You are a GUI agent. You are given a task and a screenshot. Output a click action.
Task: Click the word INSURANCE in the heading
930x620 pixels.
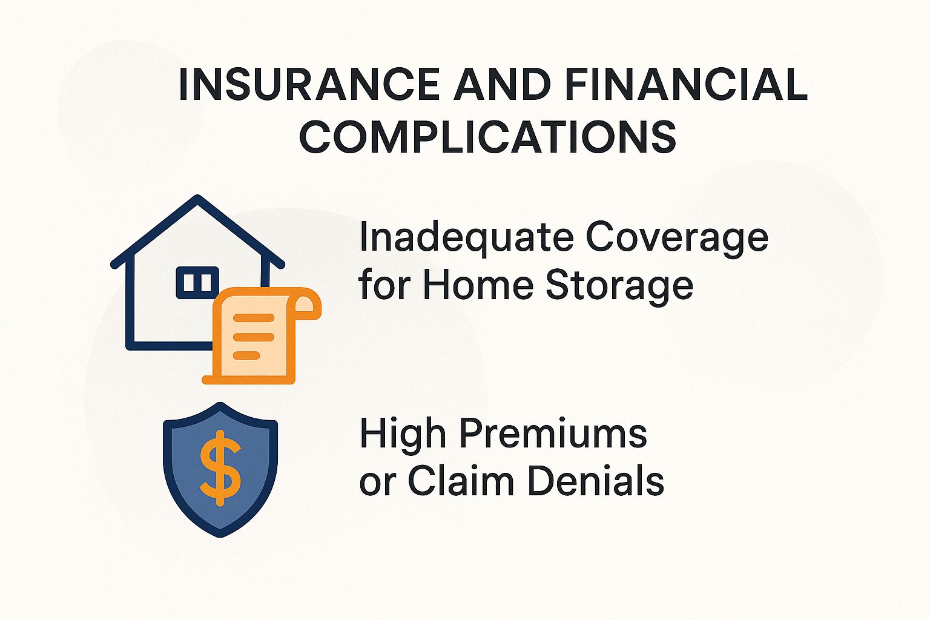point(309,85)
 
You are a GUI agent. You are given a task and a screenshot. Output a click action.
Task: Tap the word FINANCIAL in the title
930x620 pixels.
point(687,85)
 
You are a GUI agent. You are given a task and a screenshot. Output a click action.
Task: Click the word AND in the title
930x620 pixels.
point(502,85)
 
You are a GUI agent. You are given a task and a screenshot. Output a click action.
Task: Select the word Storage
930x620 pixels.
point(619,286)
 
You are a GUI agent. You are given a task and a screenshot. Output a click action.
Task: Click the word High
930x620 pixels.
point(403,434)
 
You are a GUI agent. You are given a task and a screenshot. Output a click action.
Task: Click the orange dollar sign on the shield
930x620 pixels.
point(220,467)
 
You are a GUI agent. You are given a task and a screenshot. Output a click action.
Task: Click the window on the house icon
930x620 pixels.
point(197,282)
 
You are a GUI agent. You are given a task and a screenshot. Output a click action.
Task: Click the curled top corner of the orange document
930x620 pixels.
point(305,302)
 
